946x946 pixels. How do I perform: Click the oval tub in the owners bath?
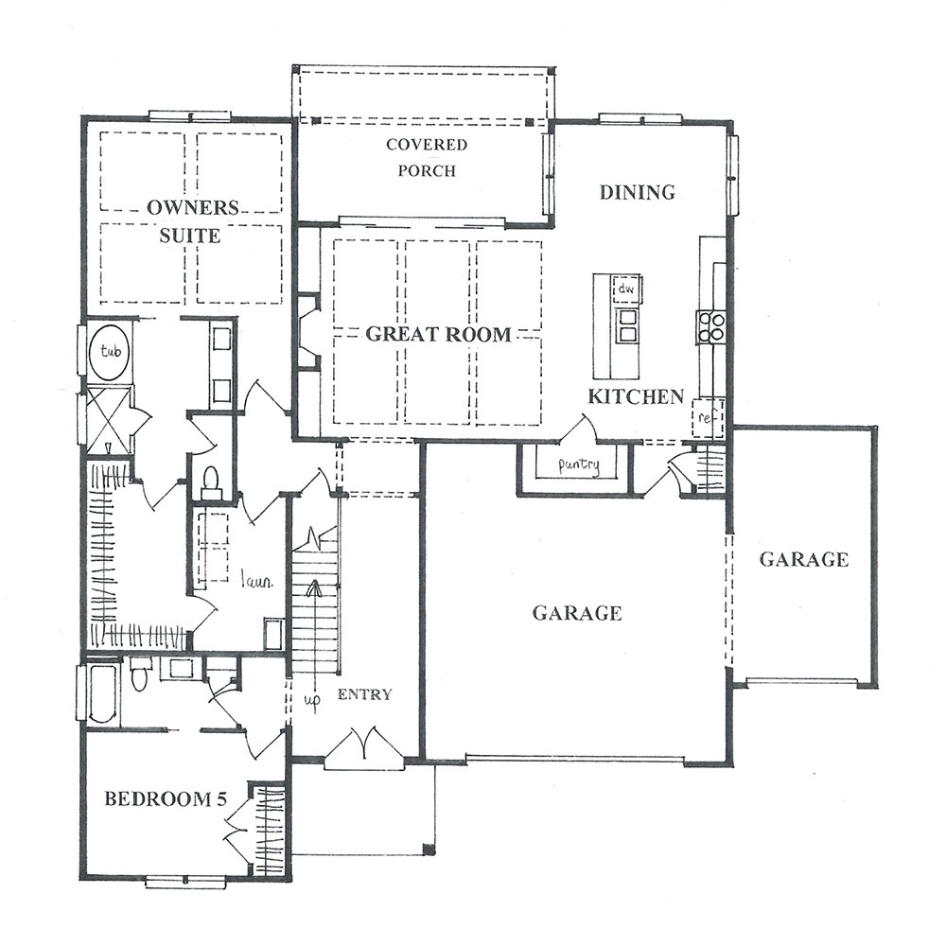pyautogui.click(x=110, y=352)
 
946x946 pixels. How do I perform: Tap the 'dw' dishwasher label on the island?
pyautogui.click(x=626, y=289)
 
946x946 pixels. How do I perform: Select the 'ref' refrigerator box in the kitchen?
pyautogui.click(x=707, y=417)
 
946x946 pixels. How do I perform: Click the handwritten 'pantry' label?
pyautogui.click(x=579, y=465)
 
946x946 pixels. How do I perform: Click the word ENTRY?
pyautogui.click(x=364, y=694)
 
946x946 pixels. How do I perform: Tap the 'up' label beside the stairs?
pyautogui.click(x=311, y=699)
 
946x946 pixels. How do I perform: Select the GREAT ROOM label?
pyautogui.click(x=439, y=334)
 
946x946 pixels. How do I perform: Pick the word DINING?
pyautogui.click(x=637, y=192)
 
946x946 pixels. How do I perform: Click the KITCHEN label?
pyautogui.click(x=636, y=396)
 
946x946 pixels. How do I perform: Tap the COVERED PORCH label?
pyautogui.click(x=427, y=157)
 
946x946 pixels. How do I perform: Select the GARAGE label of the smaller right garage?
pyautogui.click(x=803, y=559)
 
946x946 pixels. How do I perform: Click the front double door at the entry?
pyautogui.click(x=364, y=747)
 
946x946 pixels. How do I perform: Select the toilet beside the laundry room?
pyautogui.click(x=211, y=482)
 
